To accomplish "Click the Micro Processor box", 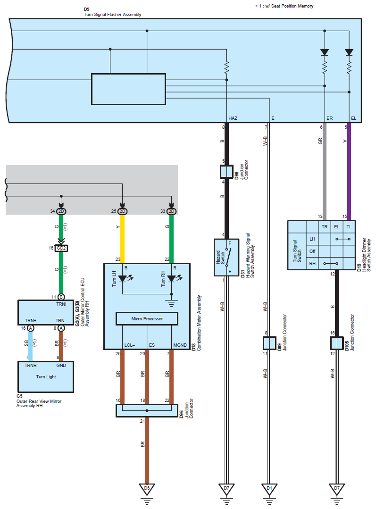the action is click(x=147, y=318).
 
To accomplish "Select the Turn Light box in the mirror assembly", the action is click(x=46, y=376).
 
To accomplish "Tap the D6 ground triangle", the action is click(x=147, y=489).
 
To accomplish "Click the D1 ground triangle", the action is click(x=269, y=489).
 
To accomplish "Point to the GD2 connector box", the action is click(x=61, y=248).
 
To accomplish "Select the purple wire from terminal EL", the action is click(x=349, y=172).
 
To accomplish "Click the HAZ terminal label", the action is click(x=233, y=118).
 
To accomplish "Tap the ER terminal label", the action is click(x=330, y=118).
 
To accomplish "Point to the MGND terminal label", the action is click(x=180, y=345).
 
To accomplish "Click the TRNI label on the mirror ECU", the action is click(x=61, y=304).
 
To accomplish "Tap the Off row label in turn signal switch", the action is click(x=312, y=251).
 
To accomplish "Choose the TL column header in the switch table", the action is click(x=349, y=226).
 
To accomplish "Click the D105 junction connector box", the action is click(x=337, y=343).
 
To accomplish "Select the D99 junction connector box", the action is click(x=269, y=343).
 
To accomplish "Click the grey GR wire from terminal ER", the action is click(x=325, y=172).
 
